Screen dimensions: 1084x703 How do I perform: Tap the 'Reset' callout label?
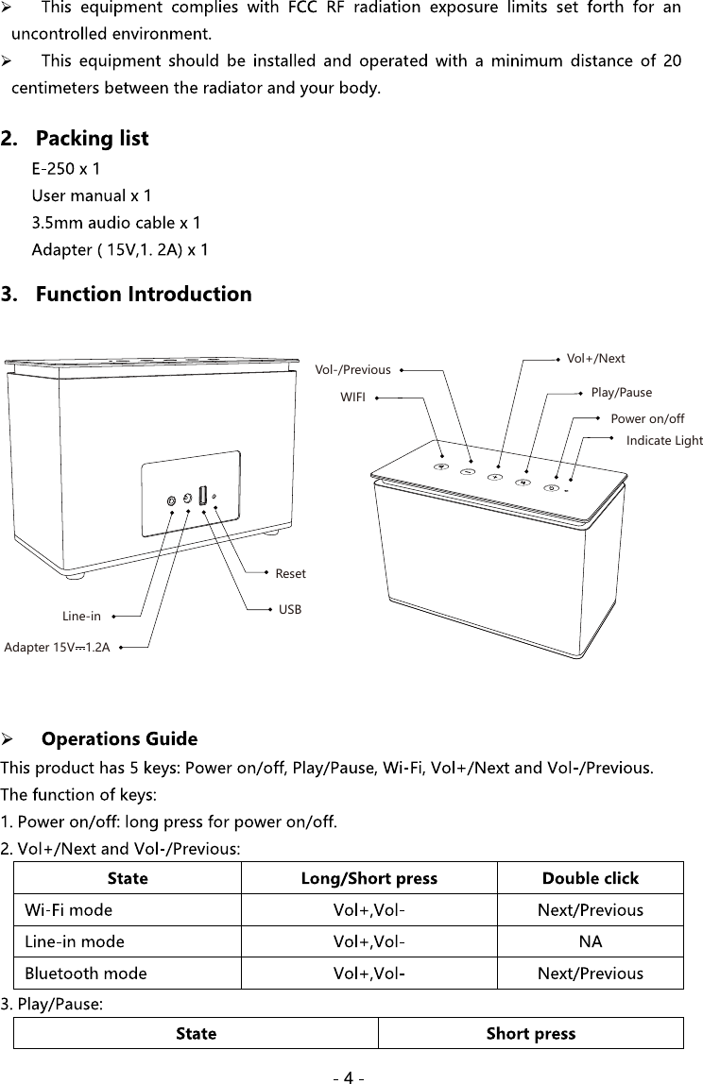click(290, 573)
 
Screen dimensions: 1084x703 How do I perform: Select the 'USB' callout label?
click(290, 610)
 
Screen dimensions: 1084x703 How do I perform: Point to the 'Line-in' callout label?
click(81, 617)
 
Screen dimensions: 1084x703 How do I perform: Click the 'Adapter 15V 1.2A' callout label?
click(58, 648)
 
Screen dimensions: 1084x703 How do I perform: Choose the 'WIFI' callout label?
click(352, 398)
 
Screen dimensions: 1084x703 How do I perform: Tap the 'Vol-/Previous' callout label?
click(352, 370)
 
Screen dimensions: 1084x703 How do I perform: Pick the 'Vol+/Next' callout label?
click(595, 359)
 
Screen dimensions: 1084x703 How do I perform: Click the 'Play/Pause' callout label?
click(621, 392)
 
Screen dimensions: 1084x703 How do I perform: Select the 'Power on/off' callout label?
click(647, 418)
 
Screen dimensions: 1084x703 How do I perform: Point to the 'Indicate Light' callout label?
click(664, 441)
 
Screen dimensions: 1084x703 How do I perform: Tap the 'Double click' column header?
click(590, 878)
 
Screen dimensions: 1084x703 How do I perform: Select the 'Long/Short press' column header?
click(369, 878)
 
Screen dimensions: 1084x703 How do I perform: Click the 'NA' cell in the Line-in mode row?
click(590, 941)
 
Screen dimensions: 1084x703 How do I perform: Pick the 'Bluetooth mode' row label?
click(86, 973)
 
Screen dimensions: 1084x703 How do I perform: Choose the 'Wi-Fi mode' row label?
click(69, 910)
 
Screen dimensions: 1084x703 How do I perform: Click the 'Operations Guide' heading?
click(120, 738)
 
